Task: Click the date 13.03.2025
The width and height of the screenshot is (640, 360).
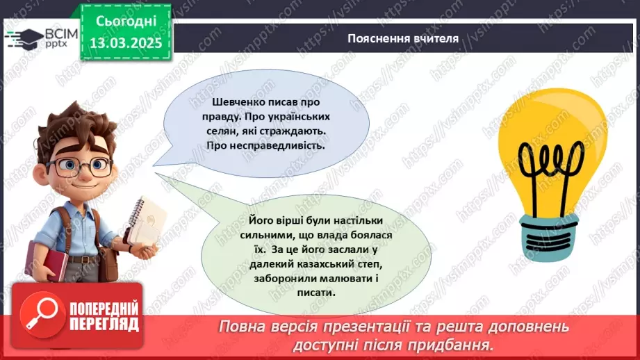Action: [x=125, y=44]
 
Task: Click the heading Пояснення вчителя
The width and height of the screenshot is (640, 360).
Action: [x=403, y=39]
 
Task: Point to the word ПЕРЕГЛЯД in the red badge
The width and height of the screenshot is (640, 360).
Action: [x=103, y=323]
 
